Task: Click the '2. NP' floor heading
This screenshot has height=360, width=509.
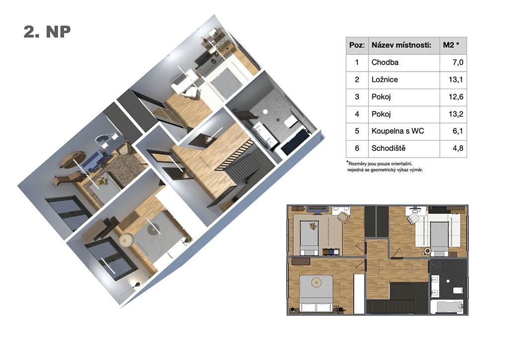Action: (47, 32)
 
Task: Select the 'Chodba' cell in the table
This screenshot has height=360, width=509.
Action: (385, 62)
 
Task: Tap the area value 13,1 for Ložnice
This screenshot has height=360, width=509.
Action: (456, 80)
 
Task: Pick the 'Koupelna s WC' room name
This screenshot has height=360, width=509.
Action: (398, 131)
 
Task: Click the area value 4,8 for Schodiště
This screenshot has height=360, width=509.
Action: (457, 148)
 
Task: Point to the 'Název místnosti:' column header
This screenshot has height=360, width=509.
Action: (401, 45)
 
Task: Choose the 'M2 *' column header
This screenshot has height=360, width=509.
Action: (451, 45)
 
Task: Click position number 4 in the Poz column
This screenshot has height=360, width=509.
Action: (357, 114)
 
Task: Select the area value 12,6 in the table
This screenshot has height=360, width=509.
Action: (456, 97)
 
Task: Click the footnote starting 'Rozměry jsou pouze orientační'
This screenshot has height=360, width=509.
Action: (385, 167)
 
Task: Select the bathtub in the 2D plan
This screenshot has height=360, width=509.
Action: (446, 306)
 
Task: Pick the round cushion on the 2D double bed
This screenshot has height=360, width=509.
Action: (316, 283)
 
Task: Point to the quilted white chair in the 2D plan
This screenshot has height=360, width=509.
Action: (414, 217)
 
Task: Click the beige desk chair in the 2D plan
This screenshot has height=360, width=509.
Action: (343, 217)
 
